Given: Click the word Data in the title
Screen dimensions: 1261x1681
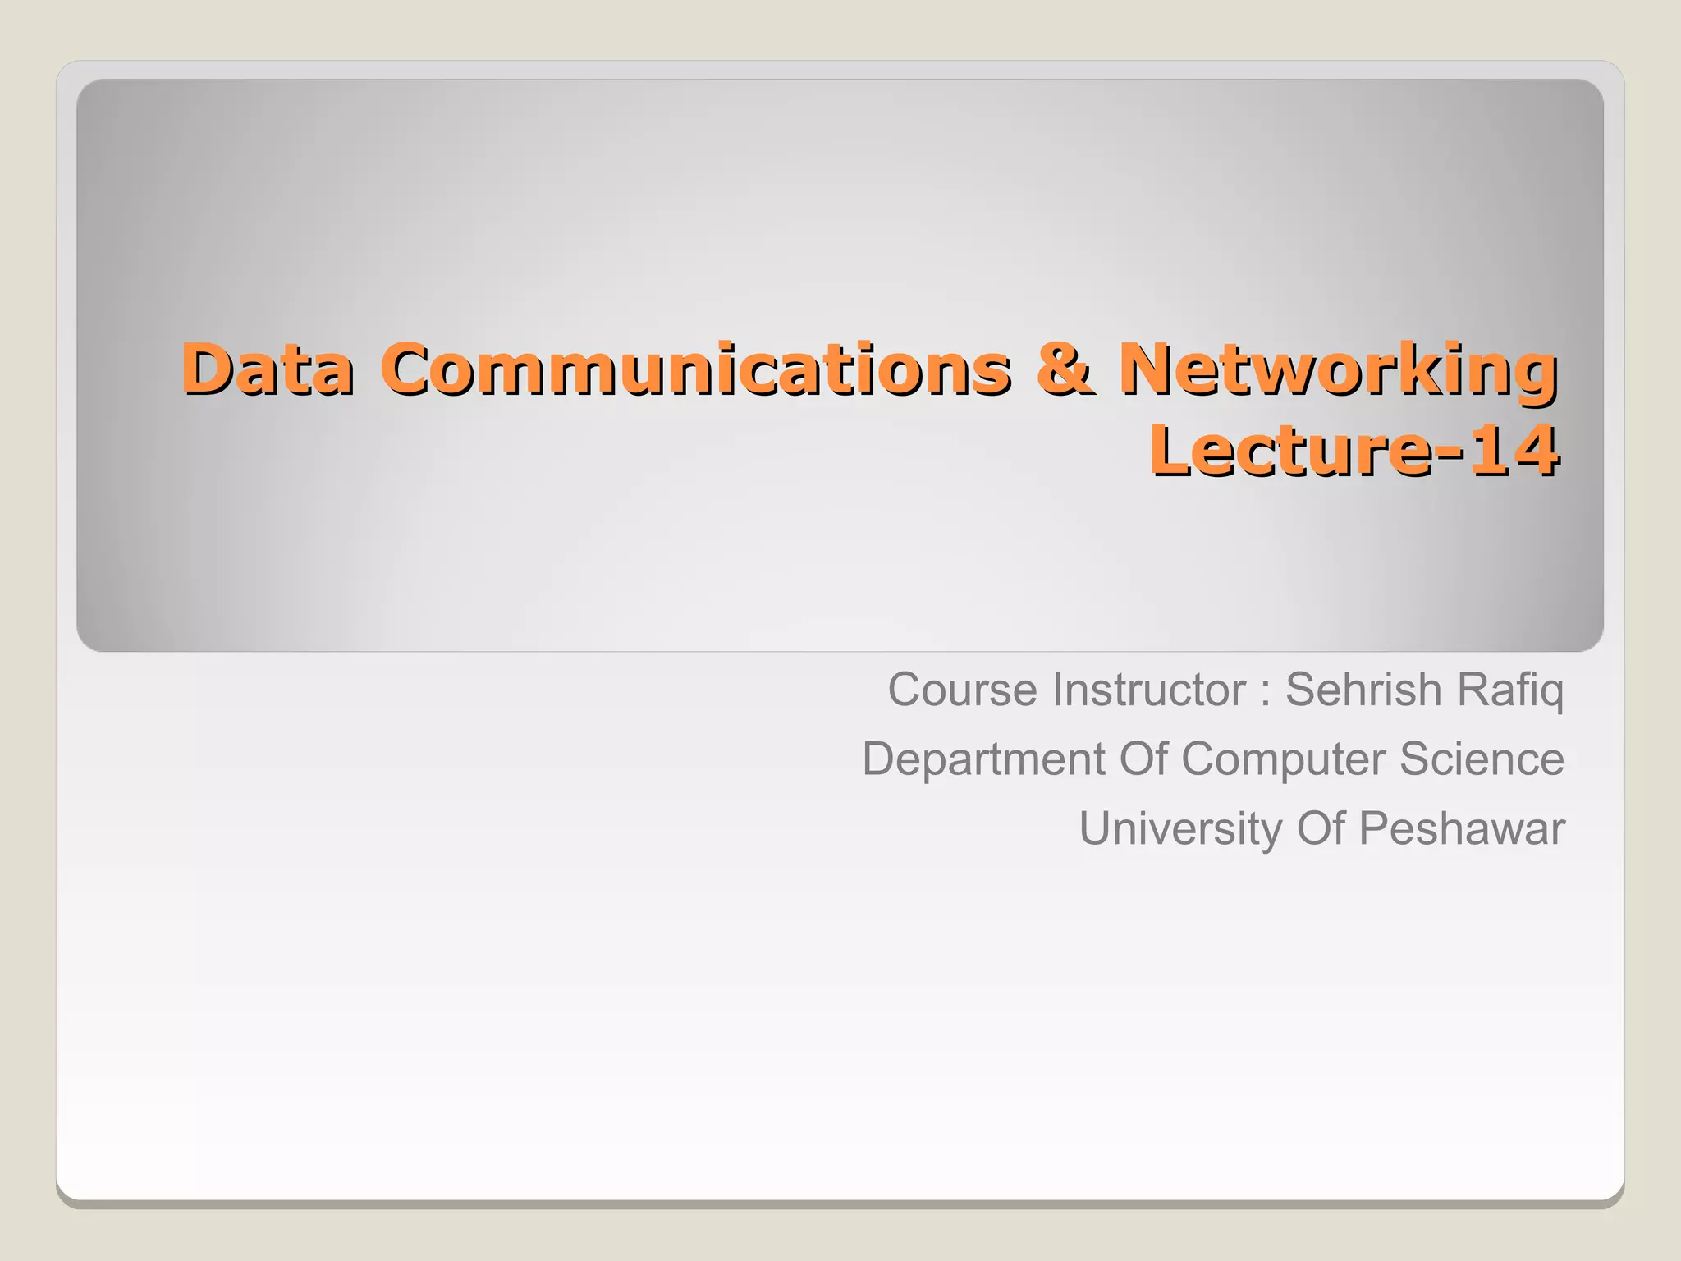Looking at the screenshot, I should pos(268,369).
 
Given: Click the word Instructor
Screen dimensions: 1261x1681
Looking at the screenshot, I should pos(1149,689).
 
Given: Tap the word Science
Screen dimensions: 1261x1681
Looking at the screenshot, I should pos(1482,759).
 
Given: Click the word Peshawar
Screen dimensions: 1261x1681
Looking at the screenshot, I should pos(1461,828).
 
